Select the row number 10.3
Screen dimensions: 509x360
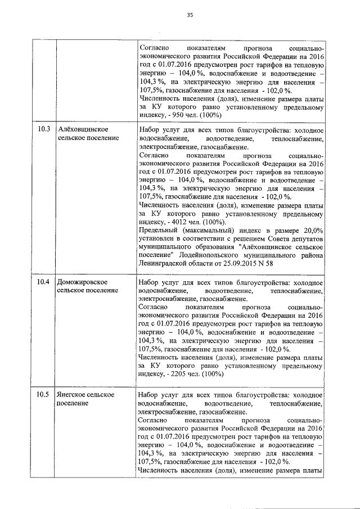click(44, 129)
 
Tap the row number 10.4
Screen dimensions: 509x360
click(44, 281)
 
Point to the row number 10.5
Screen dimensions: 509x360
click(44, 395)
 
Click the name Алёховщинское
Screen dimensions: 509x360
click(84, 129)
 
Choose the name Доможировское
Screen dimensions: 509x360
click(83, 281)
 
